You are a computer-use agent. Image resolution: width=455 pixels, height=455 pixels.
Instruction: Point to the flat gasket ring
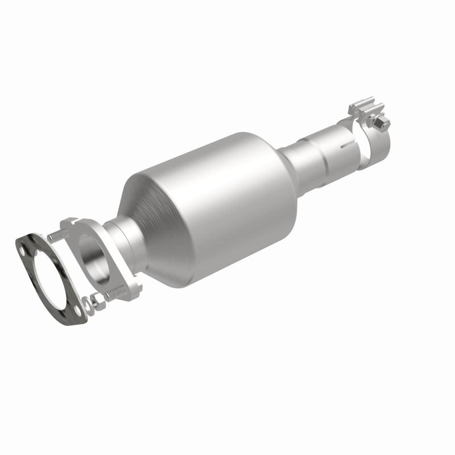(x=34, y=284)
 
